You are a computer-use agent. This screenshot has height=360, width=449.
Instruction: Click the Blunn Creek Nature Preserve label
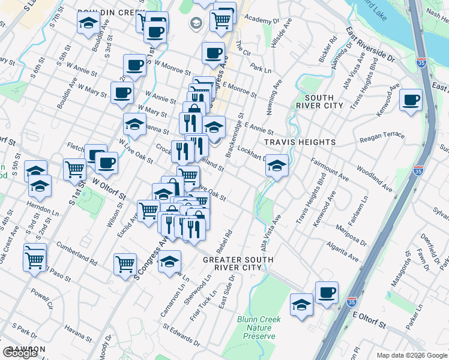(259, 328)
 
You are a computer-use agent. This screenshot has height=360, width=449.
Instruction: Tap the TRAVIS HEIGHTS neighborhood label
(300, 142)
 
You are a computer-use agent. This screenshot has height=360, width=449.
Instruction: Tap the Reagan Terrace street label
(382, 137)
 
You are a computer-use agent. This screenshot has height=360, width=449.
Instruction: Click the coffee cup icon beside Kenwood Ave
(411, 100)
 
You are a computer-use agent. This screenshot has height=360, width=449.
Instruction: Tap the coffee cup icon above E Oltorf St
(327, 292)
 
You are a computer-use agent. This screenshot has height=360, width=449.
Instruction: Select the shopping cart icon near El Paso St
(35, 259)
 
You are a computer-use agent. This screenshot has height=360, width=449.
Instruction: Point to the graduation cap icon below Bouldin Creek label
(88, 24)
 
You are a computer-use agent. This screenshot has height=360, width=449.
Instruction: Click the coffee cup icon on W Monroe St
(134, 64)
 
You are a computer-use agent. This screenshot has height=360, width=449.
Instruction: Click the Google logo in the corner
(20, 353)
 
